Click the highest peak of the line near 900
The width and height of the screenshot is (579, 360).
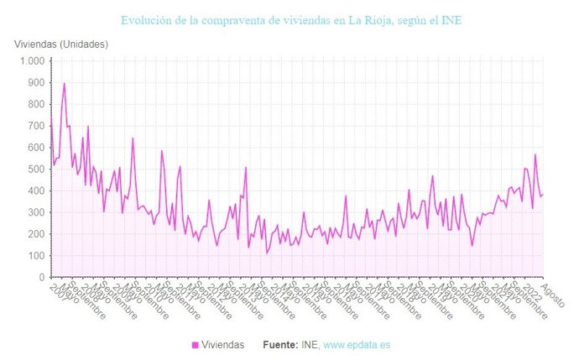click(x=64, y=83)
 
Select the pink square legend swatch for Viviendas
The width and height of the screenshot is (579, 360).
click(x=196, y=345)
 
